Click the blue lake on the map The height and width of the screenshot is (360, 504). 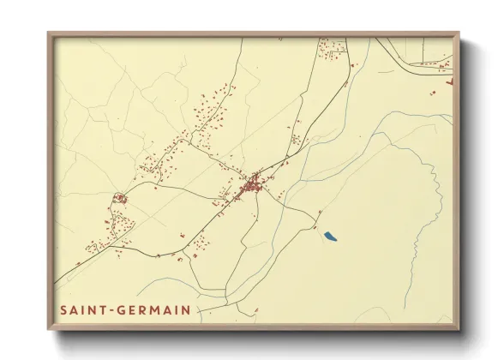[329, 235]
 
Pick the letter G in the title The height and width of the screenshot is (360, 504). [128, 309]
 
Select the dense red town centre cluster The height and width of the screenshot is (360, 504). [252, 184]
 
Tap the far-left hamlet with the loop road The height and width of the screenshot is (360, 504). [120, 199]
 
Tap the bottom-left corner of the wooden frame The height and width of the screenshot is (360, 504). [49, 328]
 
